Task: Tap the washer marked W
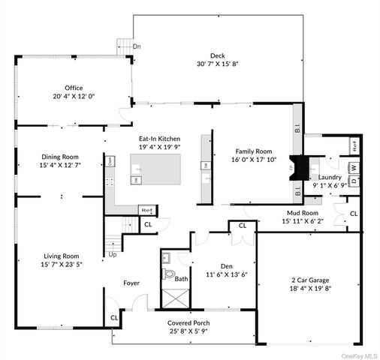354,167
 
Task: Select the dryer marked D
354,179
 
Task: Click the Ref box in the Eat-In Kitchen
148,211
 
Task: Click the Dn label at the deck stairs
136,46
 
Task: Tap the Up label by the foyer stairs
113,254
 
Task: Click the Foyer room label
133,283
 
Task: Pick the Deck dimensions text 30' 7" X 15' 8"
218,64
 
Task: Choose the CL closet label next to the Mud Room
353,215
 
